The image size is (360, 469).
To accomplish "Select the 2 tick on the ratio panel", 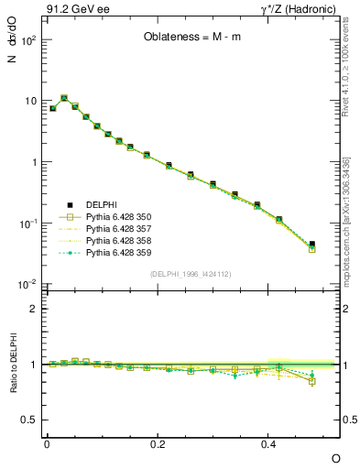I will tap(34, 309).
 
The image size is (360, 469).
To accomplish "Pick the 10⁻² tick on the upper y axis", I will tap(27, 286).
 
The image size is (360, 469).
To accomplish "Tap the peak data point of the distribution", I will tap(64, 98).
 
